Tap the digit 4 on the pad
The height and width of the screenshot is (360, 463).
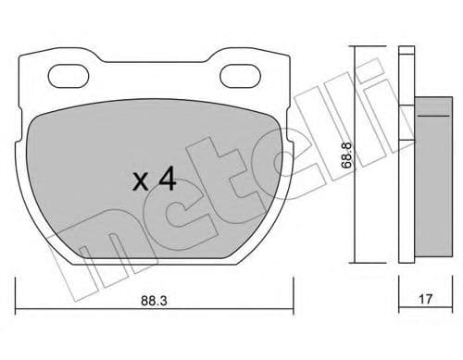click(167, 180)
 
